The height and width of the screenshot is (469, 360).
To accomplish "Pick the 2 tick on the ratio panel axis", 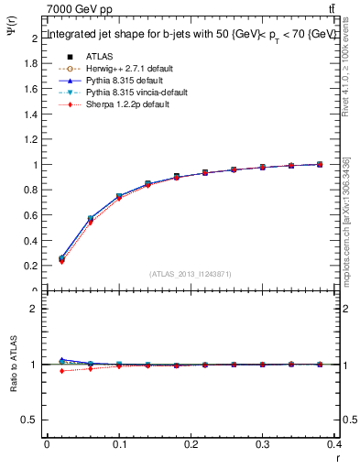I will [x=34, y=309].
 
